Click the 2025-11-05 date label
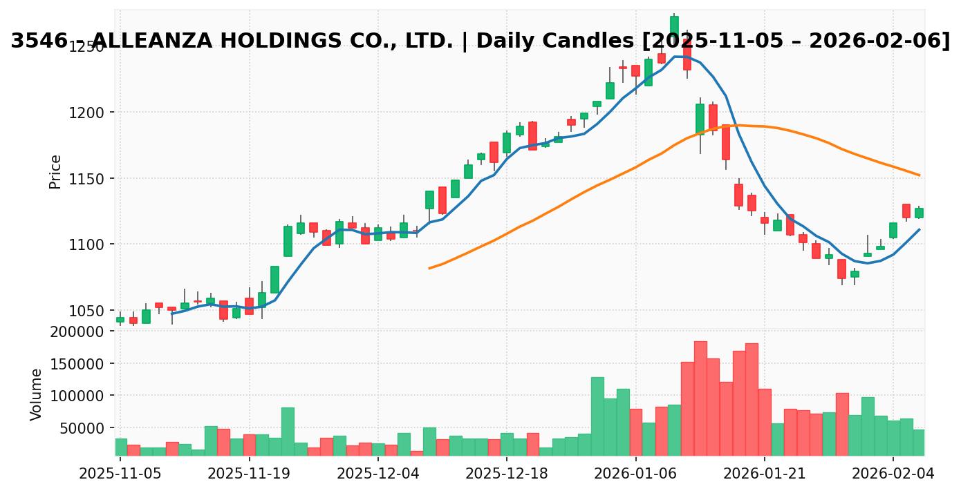[120, 474]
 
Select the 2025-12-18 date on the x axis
[507, 474]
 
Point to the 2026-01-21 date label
[765, 474]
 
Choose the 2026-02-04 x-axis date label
[893, 474]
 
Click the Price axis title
[55, 171]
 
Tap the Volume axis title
[37, 394]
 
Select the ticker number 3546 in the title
[39, 41]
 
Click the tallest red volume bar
[700, 398]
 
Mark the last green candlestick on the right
[919, 213]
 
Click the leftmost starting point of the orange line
[429, 268]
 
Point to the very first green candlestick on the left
[120, 320]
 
